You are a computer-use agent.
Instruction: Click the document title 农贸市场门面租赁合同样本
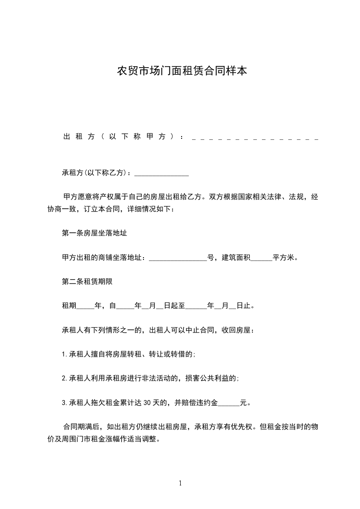coord(182,71)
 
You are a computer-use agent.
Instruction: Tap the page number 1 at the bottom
coord(180,483)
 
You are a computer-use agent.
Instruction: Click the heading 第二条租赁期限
coord(87,282)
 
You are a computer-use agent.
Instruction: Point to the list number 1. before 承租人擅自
coord(64,354)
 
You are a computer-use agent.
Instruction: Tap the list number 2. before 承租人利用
coord(64,378)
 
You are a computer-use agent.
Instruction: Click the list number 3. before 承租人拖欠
coord(64,402)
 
